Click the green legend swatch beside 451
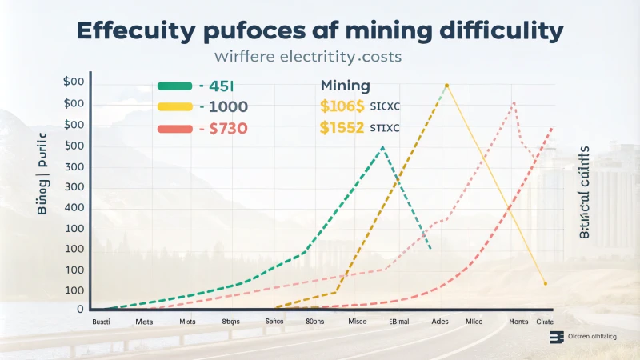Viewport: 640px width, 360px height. (x=175, y=87)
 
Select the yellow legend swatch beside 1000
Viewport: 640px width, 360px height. (x=175, y=106)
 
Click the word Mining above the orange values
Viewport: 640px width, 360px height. (x=345, y=86)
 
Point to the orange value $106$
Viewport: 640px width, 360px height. (x=342, y=106)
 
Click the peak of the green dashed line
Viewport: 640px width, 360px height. (x=383, y=147)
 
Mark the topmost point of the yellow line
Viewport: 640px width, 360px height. (x=446, y=85)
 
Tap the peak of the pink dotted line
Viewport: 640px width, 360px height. (x=514, y=102)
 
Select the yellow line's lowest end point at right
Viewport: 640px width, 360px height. (x=545, y=283)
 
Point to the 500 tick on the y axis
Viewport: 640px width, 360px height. (x=74, y=146)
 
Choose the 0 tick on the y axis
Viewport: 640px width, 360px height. (x=79, y=310)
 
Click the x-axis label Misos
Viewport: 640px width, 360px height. (x=358, y=322)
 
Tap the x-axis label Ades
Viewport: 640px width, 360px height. (x=439, y=322)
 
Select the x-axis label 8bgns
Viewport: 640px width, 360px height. (x=232, y=322)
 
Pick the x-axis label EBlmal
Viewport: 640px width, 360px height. (x=398, y=322)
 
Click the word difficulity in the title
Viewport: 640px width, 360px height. (x=488, y=32)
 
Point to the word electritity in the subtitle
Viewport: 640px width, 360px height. (x=314, y=58)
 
